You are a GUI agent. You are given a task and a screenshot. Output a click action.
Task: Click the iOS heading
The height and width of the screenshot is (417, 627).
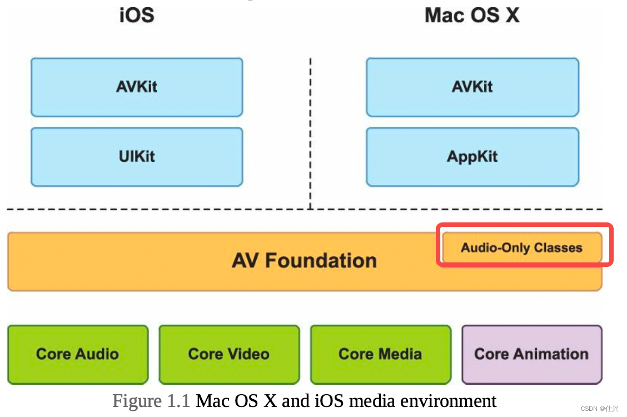point(137,15)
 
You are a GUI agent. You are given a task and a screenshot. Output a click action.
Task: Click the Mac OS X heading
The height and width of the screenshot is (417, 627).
point(472,15)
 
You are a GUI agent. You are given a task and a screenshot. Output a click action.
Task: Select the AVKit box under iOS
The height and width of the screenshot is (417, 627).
point(137,87)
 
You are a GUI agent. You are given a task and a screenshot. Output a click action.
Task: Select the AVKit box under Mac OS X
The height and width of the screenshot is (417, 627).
point(472,87)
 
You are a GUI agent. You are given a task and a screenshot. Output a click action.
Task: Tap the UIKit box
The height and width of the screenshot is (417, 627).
point(137,157)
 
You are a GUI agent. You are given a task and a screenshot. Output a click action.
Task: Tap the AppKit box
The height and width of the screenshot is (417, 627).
point(472,157)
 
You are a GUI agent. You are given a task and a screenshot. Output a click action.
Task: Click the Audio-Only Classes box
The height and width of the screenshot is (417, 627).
point(521,248)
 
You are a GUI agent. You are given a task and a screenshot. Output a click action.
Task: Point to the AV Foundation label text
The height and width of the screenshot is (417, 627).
point(304,261)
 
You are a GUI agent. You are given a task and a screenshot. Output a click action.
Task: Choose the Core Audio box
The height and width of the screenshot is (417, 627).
point(78,354)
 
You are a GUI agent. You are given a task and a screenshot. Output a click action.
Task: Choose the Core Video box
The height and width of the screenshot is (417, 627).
point(229,354)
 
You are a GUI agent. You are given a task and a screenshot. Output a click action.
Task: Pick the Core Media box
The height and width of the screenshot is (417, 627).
point(380,354)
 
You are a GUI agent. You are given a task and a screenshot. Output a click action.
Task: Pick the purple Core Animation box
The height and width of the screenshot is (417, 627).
point(531,354)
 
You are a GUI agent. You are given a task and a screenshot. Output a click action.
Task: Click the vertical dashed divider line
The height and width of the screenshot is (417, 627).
point(310,133)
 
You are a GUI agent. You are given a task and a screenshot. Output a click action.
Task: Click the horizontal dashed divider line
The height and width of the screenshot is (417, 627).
point(167,209)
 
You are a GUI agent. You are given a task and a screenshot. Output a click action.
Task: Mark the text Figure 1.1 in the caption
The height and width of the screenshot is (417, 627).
point(152,401)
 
